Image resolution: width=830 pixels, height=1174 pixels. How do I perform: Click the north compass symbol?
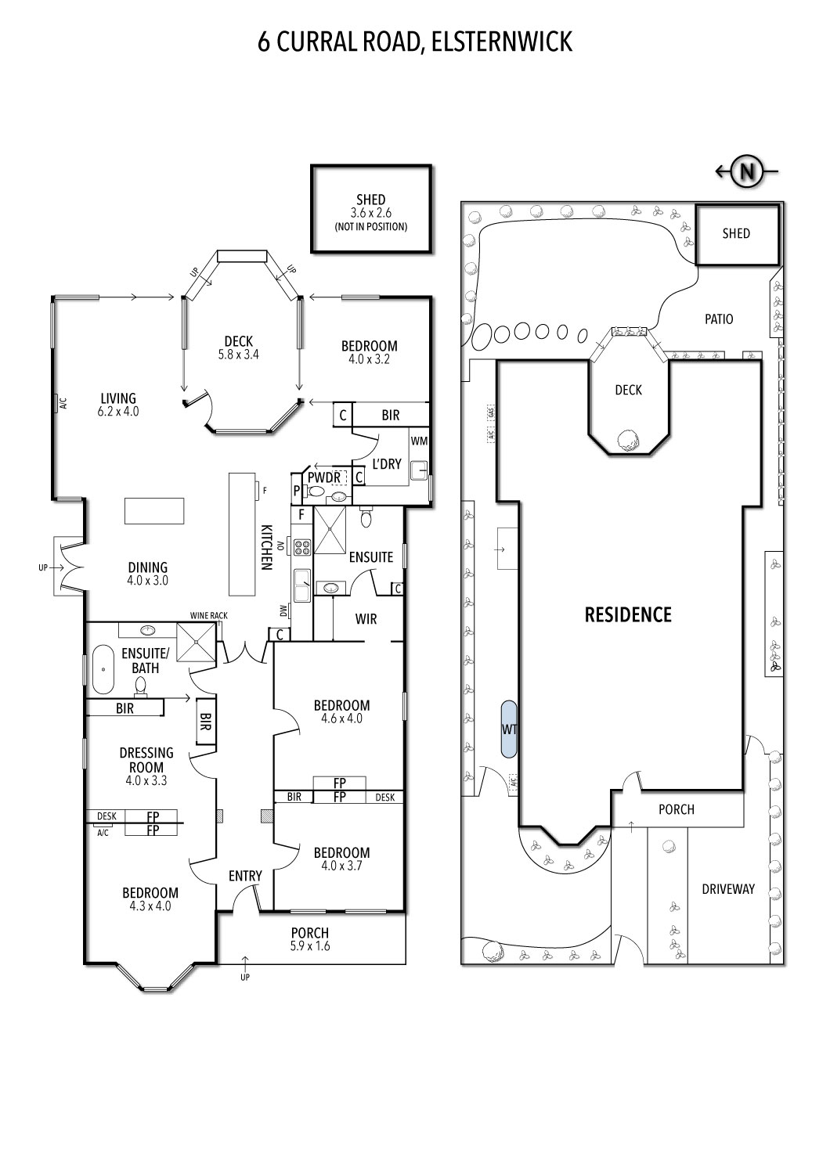coord(746,171)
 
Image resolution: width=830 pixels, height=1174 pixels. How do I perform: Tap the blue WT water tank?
coord(509,729)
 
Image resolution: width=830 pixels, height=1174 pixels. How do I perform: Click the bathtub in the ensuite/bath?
coord(103,669)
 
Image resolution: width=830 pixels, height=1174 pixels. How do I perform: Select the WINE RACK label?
coord(209,615)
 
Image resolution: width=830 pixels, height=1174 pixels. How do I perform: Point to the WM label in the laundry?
coord(419,441)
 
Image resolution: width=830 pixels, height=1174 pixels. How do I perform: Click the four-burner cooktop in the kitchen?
coord(302,546)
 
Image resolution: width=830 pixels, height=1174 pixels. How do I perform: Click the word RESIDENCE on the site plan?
coord(628,614)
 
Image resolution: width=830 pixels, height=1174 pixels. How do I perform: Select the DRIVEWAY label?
coord(728,889)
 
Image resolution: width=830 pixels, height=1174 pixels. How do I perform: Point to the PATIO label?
coord(719,319)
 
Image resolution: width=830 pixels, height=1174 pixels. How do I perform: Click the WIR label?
coord(366,619)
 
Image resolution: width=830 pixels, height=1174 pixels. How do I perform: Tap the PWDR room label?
coord(324,478)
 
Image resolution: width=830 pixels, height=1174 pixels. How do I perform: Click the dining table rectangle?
coord(154,511)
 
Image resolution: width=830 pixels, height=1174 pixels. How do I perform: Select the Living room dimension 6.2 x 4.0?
coord(118,412)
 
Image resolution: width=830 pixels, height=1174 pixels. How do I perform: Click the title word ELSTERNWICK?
coord(502,42)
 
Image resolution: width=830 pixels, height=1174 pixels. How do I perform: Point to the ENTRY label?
coord(245,876)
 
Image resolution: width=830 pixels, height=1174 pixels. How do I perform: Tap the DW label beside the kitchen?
coord(283,610)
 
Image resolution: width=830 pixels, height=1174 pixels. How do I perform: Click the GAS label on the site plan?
coord(491,412)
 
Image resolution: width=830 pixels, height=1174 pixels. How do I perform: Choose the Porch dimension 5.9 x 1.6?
coord(310,946)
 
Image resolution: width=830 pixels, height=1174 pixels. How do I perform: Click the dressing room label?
coord(146,760)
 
